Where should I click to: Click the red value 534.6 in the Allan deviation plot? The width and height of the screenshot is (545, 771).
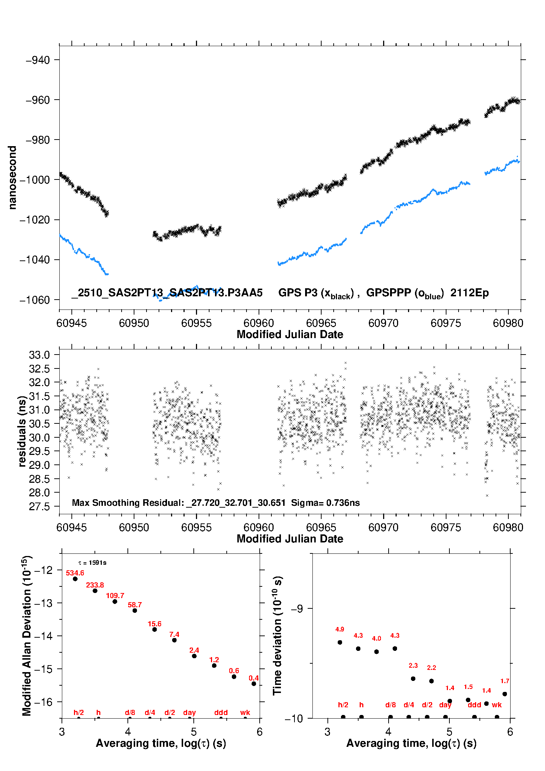pyautogui.click(x=75, y=573)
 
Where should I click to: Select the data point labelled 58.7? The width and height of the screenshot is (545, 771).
pyautogui.click(x=135, y=611)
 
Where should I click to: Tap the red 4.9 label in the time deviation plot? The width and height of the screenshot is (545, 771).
pyautogui.click(x=340, y=629)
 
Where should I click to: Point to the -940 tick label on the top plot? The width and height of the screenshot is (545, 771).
pyautogui.click(x=38, y=60)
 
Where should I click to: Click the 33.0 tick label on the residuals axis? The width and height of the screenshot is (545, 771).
pyautogui.click(x=39, y=355)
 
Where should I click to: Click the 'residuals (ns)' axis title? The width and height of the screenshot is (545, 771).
pyautogui.click(x=22, y=431)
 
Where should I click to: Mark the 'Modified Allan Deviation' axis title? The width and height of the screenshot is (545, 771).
pyautogui.click(x=27, y=635)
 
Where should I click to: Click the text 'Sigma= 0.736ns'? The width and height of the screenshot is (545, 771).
pyautogui.click(x=325, y=503)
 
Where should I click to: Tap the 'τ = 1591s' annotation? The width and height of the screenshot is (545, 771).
pyautogui.click(x=92, y=563)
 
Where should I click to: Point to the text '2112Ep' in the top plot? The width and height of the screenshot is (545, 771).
pyautogui.click(x=469, y=293)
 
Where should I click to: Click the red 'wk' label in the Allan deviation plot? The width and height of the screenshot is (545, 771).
pyautogui.click(x=245, y=712)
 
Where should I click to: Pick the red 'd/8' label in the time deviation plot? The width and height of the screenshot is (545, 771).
pyautogui.click(x=390, y=705)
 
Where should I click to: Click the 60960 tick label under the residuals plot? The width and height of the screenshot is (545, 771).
pyautogui.click(x=259, y=527)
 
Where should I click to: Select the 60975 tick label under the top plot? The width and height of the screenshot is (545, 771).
pyautogui.click(x=445, y=323)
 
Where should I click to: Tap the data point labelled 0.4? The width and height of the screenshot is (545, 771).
pyautogui.click(x=254, y=683)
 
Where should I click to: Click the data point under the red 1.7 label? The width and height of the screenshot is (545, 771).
pyautogui.click(x=505, y=694)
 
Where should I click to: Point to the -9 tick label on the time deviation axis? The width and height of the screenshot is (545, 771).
pyautogui.click(x=297, y=609)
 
